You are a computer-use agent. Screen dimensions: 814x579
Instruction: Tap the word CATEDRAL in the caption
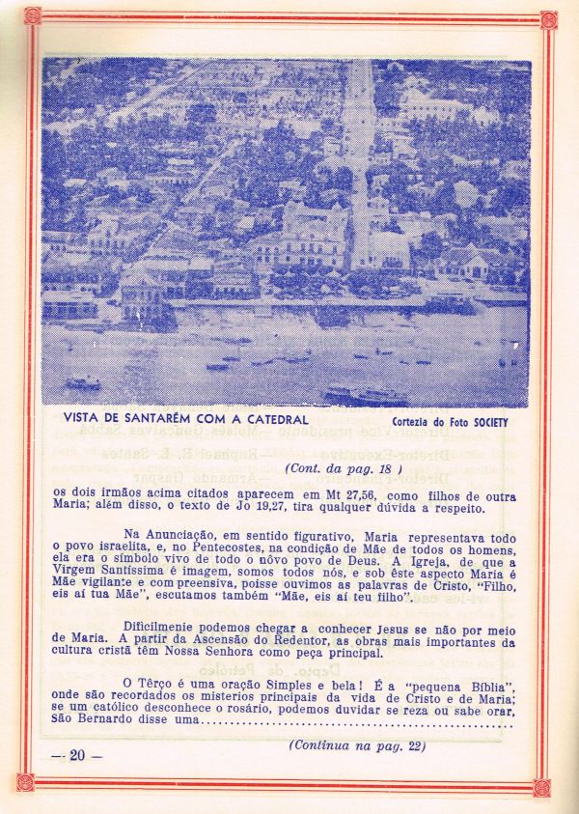[x=274, y=419]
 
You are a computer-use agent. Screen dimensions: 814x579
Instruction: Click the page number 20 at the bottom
[x=78, y=755]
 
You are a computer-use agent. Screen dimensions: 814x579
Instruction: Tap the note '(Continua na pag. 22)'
[x=357, y=745]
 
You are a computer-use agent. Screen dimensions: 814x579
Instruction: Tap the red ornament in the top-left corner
[x=32, y=15]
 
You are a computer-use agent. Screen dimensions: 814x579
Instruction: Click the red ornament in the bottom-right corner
[x=542, y=787]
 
